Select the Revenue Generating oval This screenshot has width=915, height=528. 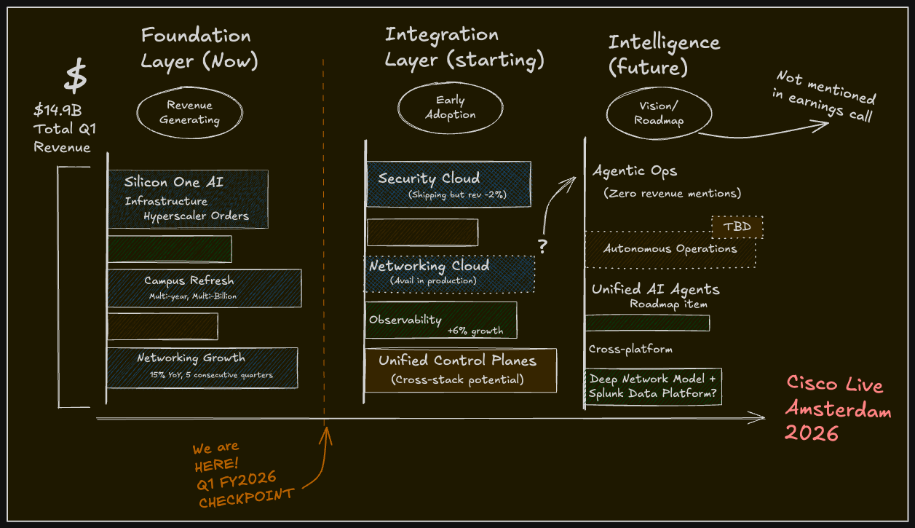[190, 113]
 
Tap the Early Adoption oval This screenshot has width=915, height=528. [451, 108]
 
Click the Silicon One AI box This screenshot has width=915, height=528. [189, 199]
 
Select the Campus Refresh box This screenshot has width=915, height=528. [205, 288]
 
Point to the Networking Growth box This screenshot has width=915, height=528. [202, 367]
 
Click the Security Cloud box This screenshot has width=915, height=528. [448, 184]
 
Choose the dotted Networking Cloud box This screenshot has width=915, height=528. [449, 273]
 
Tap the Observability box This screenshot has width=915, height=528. [441, 320]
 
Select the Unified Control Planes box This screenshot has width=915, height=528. [460, 370]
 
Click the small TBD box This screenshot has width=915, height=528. [737, 226]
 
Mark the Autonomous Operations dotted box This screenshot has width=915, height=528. [670, 249]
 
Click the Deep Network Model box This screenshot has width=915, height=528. [653, 387]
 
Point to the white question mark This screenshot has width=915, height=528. [542, 247]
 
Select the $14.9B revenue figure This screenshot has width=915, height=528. [58, 111]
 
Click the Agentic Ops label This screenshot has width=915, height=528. [635, 172]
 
